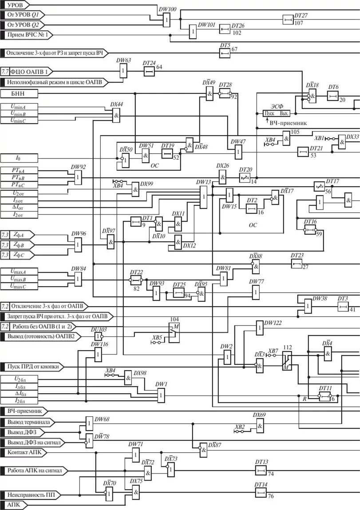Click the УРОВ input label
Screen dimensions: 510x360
(15, 4)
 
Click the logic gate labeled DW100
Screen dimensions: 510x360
(166, 20)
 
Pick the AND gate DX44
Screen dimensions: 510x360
(116, 116)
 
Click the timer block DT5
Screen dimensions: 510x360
(225, 53)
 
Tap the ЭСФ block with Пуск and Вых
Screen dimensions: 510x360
(277, 113)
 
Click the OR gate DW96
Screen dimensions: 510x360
(78, 244)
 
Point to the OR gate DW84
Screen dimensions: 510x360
(78, 279)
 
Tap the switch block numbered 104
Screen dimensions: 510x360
(173, 330)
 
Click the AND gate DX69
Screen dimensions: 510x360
(260, 426)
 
